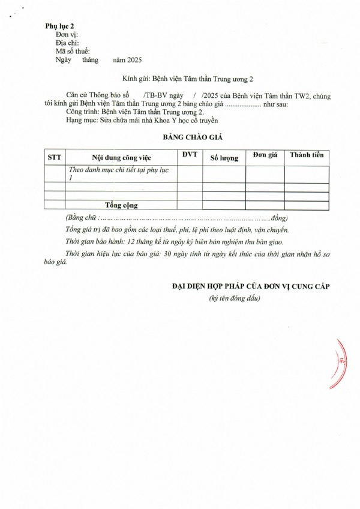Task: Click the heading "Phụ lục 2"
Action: pos(59,27)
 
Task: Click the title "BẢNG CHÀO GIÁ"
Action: pos(193,137)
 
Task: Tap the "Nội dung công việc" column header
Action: pos(121,157)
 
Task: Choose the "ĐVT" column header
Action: pos(189,155)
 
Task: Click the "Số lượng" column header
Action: pos(224,158)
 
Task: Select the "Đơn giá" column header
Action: pos(265,155)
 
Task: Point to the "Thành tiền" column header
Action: pos(307,155)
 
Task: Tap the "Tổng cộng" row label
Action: pos(121,205)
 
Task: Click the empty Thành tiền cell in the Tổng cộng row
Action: pos(307,205)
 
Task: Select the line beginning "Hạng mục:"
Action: pos(142,120)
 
